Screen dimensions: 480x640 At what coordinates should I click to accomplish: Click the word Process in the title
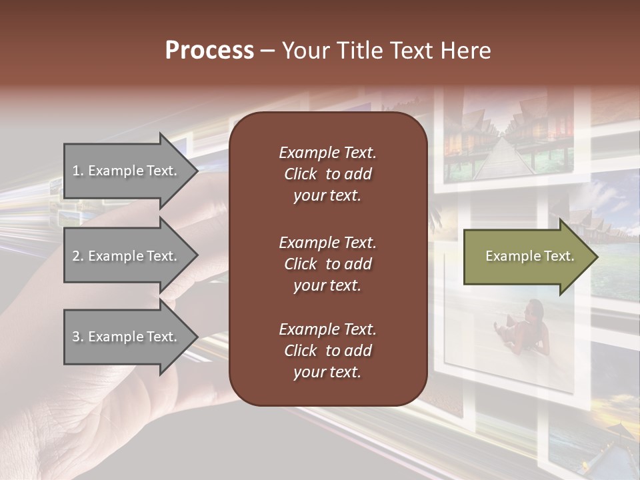(x=209, y=51)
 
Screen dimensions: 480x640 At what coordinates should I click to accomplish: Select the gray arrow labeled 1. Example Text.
(x=127, y=171)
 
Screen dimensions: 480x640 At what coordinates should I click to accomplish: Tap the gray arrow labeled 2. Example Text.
(x=127, y=256)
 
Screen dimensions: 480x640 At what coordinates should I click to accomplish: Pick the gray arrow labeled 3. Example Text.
(x=127, y=337)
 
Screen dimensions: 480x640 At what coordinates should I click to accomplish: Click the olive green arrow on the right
(x=527, y=257)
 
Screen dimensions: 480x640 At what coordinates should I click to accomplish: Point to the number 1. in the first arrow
(x=78, y=171)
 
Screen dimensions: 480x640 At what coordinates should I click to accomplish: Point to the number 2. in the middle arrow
(x=78, y=256)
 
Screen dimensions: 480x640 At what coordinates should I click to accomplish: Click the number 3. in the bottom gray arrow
(x=78, y=337)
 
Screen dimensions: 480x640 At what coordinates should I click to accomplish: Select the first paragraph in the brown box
(x=327, y=174)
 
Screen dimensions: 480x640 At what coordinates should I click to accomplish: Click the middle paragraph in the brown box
(x=327, y=264)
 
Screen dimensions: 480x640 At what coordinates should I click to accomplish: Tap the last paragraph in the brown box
(x=327, y=351)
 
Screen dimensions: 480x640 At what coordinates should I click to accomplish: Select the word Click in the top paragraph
(x=301, y=174)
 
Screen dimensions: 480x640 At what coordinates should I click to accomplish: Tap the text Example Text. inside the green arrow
(x=529, y=256)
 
